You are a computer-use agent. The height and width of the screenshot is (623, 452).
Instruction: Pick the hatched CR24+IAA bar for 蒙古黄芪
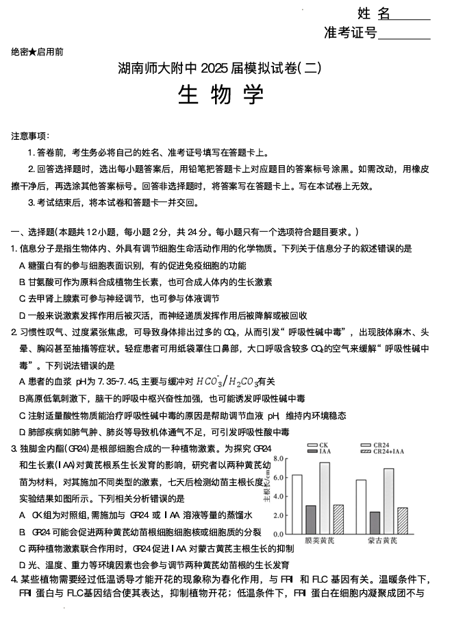point(402,520)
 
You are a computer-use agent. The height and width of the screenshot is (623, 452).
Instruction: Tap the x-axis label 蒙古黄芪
point(381,541)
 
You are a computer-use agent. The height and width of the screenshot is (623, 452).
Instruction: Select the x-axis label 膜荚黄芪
point(318,541)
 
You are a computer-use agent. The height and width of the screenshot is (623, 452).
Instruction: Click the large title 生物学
point(221,95)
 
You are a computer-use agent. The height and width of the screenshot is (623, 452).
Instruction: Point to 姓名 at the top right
point(373,13)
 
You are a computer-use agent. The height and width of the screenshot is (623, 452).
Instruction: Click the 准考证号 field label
point(350,33)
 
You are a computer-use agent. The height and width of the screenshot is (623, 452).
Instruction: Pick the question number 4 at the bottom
point(14,579)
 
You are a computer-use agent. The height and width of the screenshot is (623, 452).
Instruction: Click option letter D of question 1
point(23,315)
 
